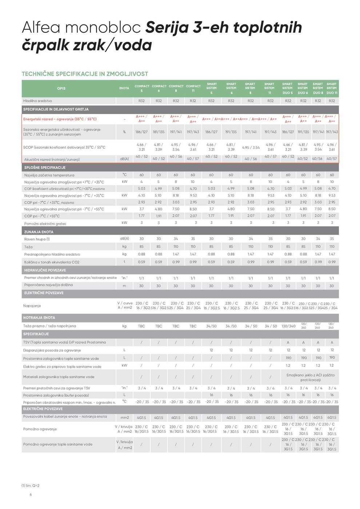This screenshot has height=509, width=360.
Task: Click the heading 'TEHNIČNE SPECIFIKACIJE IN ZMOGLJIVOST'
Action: point(85,74)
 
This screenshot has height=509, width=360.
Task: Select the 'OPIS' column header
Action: point(61,88)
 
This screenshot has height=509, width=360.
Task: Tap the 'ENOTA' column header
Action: point(124,88)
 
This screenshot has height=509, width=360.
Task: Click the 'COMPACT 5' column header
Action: point(142,88)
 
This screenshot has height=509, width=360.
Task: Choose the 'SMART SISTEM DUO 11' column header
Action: point(332,88)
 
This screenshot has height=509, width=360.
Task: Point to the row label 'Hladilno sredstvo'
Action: point(37,101)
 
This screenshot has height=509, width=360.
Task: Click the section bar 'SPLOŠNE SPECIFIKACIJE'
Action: point(44,168)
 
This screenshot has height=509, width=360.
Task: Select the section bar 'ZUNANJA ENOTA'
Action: point(39,232)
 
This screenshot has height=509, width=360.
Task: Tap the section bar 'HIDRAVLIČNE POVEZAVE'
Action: point(45,270)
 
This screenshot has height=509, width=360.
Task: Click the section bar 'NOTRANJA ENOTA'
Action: point(39,317)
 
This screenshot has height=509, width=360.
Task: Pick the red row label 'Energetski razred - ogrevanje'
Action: point(60,119)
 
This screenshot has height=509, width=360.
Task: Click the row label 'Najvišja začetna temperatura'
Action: point(49,175)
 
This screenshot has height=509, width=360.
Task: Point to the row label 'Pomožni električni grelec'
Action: point(45,224)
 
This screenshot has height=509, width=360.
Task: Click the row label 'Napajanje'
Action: point(32,306)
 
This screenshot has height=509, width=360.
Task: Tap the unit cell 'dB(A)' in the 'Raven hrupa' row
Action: point(124,239)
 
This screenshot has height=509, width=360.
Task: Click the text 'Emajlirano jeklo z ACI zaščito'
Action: point(311,375)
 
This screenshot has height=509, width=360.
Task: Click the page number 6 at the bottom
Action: point(31,494)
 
